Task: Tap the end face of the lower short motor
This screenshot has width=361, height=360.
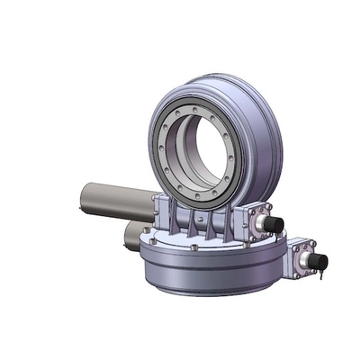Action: coord(129,237)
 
